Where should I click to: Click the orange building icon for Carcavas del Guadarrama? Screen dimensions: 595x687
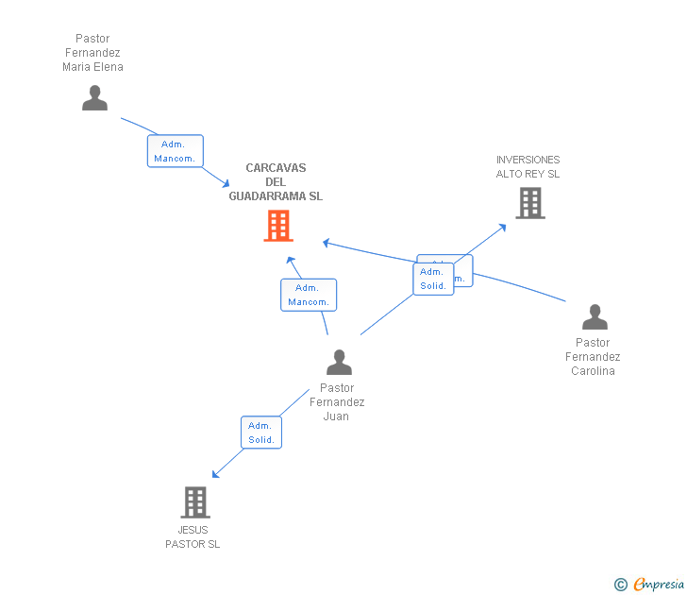278,226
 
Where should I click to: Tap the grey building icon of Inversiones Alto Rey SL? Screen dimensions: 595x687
530,203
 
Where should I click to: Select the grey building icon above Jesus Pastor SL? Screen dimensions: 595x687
194,501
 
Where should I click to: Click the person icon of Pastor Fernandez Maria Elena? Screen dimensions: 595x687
94,97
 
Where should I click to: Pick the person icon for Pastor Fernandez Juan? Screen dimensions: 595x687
339,362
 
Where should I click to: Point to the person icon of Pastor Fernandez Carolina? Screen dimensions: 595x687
595,316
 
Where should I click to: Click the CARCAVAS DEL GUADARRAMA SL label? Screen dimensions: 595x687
276,182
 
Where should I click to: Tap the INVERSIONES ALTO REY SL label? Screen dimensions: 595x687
528,167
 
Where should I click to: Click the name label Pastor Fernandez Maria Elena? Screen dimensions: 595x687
92,53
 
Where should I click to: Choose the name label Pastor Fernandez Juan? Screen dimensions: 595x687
337,401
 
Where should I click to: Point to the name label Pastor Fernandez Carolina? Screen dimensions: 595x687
593,356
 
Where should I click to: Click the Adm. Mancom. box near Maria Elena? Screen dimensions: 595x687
175,151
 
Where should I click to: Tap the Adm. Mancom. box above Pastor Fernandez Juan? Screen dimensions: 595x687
308,295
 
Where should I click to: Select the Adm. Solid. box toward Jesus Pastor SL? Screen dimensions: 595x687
260,433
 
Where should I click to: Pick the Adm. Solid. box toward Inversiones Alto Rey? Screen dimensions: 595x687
433,279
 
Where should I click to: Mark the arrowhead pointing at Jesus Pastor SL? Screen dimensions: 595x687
215,475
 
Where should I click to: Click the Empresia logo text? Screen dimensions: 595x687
659,585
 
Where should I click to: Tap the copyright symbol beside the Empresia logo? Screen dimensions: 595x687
621,585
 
